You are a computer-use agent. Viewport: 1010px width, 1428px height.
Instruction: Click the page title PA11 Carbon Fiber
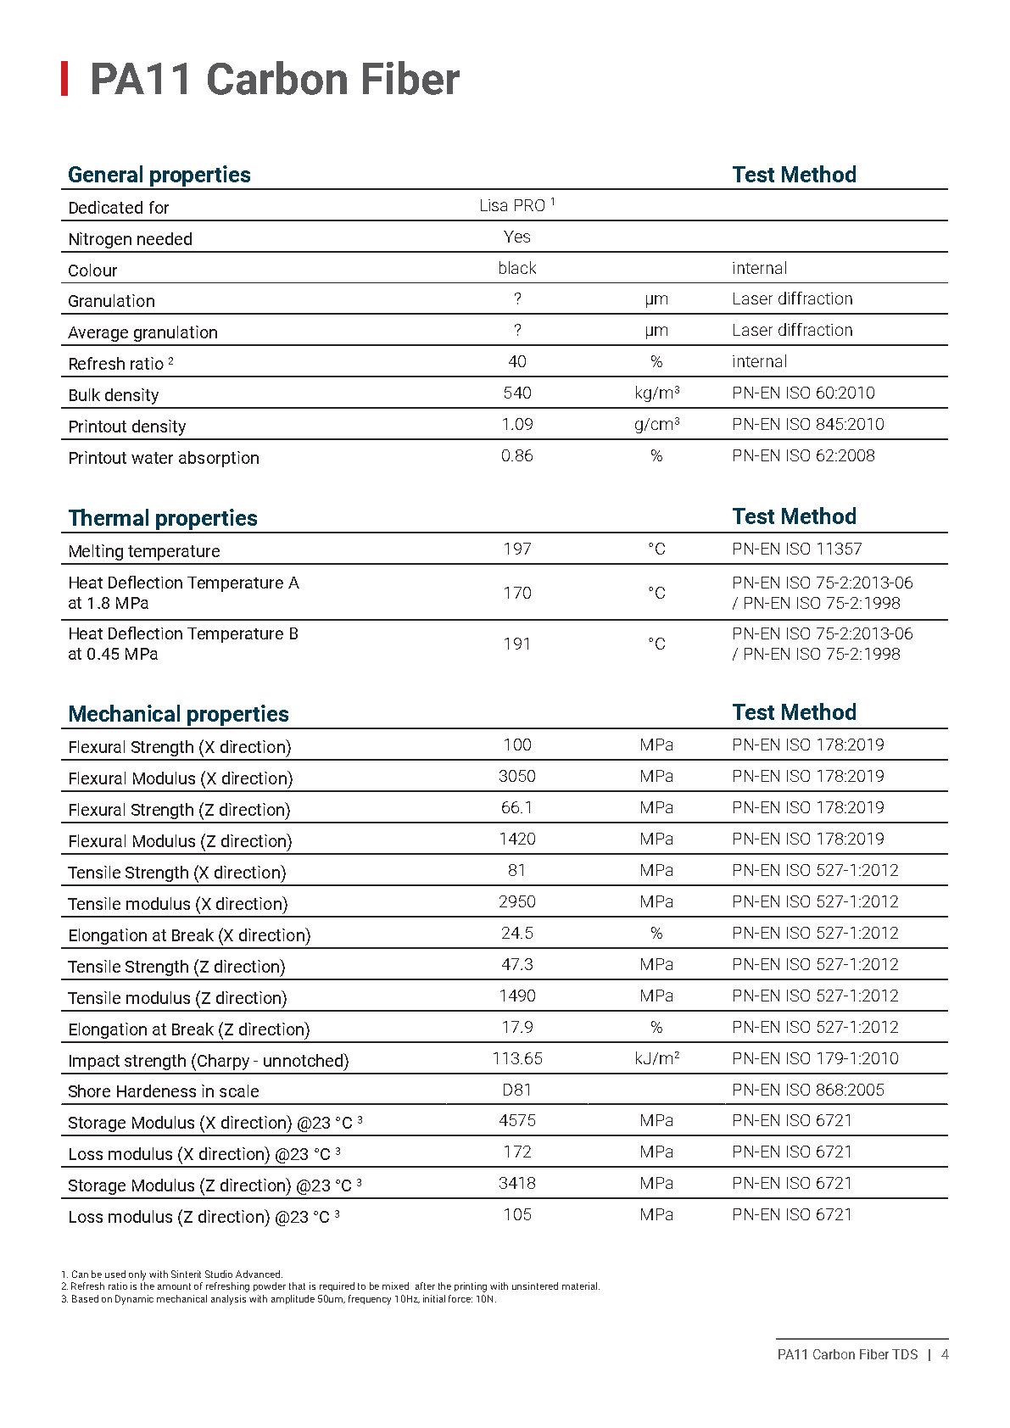click(x=274, y=80)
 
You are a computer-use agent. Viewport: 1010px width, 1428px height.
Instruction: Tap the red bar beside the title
click(x=64, y=79)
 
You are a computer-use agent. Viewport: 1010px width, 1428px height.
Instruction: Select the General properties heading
click(x=159, y=175)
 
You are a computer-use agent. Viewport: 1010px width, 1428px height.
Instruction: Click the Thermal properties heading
click(x=163, y=518)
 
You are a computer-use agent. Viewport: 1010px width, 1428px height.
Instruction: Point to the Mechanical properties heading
click(x=178, y=714)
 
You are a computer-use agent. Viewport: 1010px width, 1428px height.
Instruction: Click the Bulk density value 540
click(x=517, y=393)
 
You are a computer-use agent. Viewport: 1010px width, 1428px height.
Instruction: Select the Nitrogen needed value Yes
click(x=517, y=237)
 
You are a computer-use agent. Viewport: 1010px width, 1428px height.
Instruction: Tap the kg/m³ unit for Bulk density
click(x=656, y=393)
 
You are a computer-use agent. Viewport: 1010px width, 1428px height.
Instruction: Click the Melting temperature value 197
click(x=517, y=549)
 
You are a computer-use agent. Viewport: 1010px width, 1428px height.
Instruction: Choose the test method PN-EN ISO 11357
click(x=796, y=549)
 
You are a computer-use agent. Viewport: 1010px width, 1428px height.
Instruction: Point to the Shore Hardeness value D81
click(x=517, y=1090)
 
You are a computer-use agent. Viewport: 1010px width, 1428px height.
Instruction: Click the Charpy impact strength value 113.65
click(x=517, y=1058)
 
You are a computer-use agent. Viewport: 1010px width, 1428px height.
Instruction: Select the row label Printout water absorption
click(x=164, y=458)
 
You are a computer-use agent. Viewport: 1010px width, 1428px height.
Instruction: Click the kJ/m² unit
click(x=656, y=1058)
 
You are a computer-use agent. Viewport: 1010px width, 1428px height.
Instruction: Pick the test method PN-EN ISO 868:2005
click(x=807, y=1090)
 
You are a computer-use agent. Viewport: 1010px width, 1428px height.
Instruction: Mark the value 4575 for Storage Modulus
click(x=517, y=1121)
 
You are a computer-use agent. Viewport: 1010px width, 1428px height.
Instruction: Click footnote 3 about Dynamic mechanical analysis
click(x=279, y=1298)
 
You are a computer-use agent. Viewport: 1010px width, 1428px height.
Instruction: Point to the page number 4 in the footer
click(x=945, y=1354)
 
